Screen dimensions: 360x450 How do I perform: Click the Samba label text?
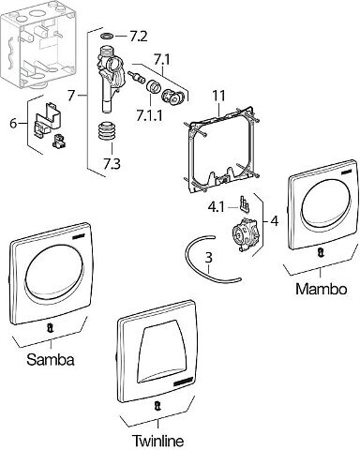[x=51, y=359]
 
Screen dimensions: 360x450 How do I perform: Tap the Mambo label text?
[x=322, y=289]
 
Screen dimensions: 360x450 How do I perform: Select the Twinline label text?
[x=158, y=441]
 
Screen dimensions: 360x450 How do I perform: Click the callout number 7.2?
[x=138, y=37]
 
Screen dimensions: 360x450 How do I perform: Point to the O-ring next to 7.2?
[x=108, y=37]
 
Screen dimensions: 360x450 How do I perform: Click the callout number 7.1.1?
[x=149, y=116]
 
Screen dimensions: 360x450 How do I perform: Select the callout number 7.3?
[x=112, y=163]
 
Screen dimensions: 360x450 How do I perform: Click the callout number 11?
[x=218, y=96]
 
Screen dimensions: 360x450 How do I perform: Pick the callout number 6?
[x=13, y=124]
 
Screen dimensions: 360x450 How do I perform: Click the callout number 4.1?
[x=217, y=207]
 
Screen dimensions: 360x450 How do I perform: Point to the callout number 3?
[x=209, y=258]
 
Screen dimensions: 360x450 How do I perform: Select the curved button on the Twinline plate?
[x=165, y=351]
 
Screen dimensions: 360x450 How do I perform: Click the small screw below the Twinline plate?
[x=157, y=407]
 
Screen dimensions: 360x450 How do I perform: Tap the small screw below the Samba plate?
[x=50, y=328]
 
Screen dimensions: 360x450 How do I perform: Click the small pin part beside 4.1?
[x=244, y=203]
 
